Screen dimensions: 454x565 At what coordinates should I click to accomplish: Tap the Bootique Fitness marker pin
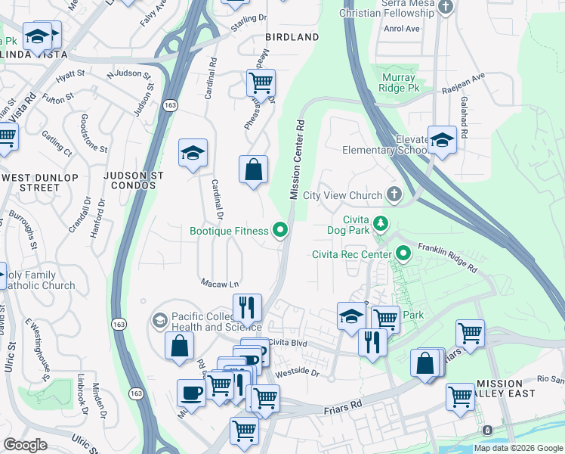(281, 230)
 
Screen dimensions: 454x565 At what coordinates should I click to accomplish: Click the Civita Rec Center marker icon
(403, 253)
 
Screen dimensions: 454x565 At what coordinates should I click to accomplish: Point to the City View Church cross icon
(394, 195)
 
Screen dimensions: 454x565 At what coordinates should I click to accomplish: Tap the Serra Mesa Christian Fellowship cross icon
(446, 8)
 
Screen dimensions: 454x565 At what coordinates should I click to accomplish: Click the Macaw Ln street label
(220, 284)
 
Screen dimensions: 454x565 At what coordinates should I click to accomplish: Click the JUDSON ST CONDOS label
(135, 181)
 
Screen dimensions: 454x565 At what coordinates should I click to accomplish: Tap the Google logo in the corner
(25, 445)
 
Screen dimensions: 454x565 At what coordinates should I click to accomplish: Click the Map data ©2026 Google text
(518, 448)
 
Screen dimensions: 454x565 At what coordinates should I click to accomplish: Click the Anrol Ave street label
(402, 29)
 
